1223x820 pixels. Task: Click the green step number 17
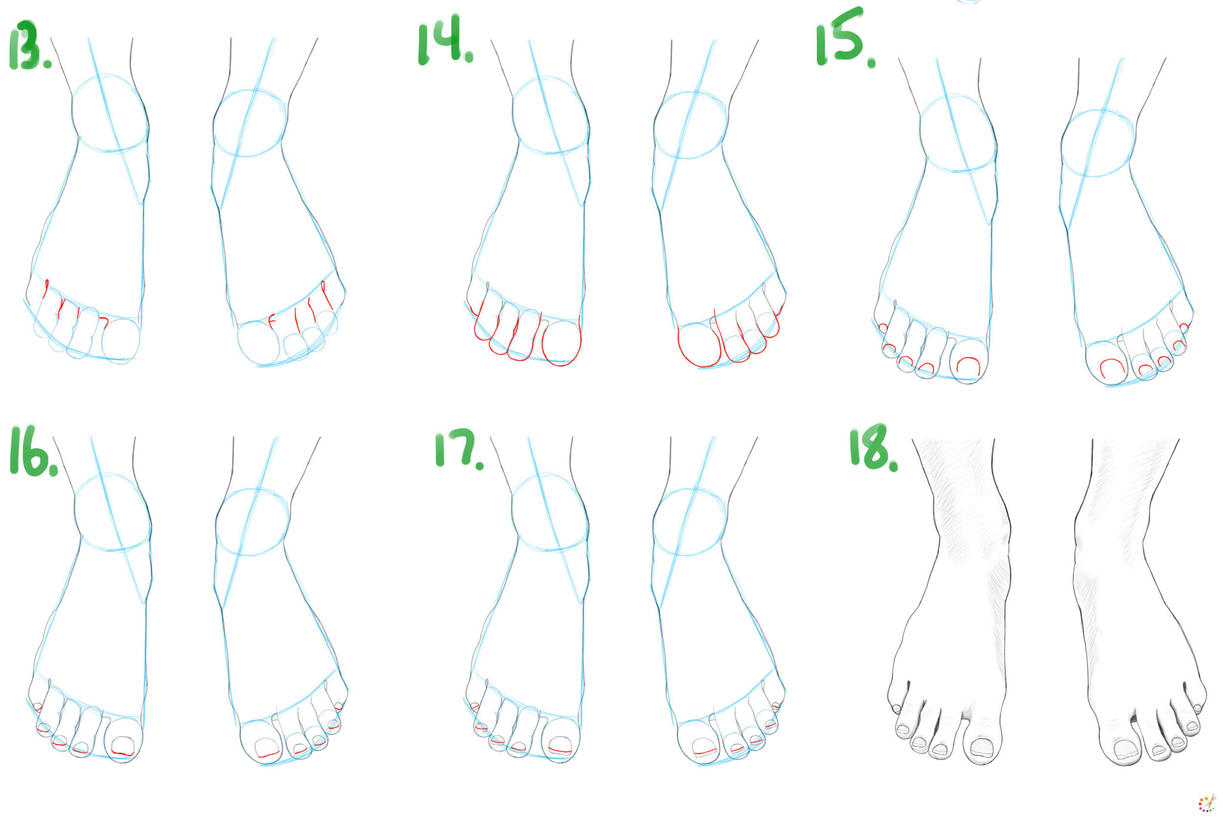(456, 449)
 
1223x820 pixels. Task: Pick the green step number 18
(872, 447)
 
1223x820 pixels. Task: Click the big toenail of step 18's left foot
(982, 747)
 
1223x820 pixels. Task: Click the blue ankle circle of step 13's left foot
(110, 113)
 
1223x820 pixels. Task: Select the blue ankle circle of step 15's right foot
(1098, 143)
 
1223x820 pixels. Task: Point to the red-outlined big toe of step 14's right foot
(699, 345)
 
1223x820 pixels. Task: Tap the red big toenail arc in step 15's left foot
(968, 366)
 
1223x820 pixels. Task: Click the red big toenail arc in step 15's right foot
(1112, 367)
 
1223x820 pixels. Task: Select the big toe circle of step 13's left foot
(121, 340)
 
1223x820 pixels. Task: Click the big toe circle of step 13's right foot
(258, 343)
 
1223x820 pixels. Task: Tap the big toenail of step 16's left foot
(123, 746)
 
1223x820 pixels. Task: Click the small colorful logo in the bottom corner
(1206, 803)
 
